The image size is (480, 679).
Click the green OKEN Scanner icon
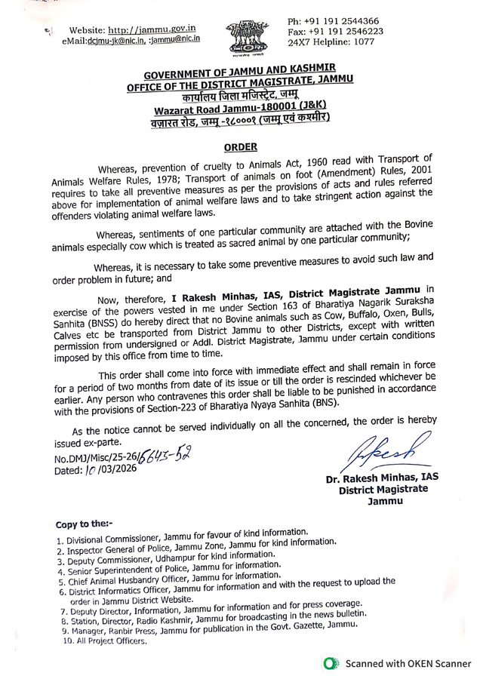tap(328, 663)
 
